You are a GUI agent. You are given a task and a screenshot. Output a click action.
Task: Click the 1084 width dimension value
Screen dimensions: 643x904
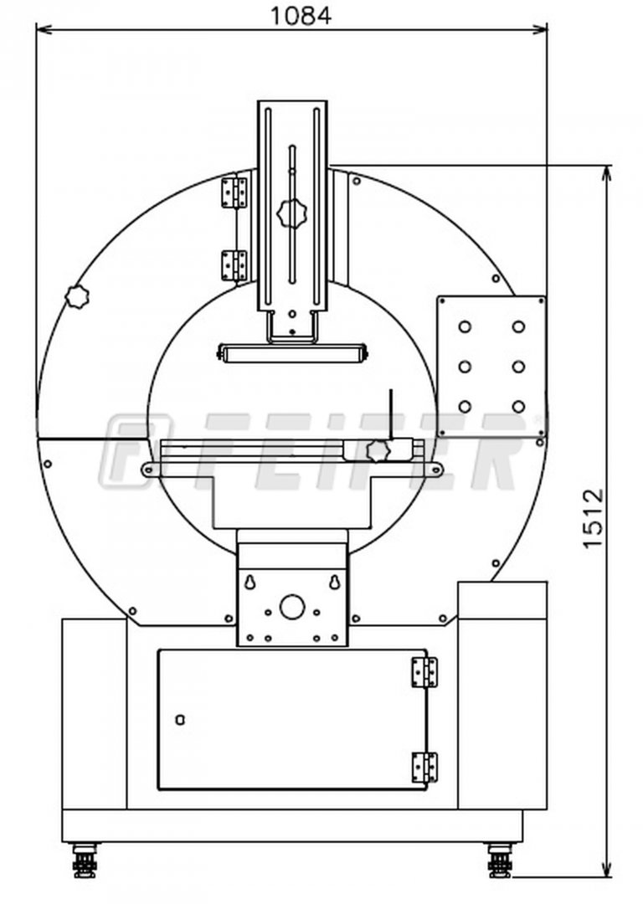[x=301, y=15]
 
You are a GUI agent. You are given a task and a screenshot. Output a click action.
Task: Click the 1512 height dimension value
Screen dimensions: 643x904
[x=593, y=518]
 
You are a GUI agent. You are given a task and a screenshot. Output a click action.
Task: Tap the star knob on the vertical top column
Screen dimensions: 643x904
[x=292, y=214]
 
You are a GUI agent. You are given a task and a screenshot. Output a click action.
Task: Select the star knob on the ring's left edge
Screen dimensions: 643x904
[x=77, y=296]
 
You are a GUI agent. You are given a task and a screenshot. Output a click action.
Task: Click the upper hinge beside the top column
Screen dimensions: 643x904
[x=234, y=193]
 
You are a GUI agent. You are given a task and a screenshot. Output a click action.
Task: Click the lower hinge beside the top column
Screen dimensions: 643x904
[x=234, y=266]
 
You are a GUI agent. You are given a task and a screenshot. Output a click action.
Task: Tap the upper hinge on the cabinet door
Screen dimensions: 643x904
[x=424, y=672]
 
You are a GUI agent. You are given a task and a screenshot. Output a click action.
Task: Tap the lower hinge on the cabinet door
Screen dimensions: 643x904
[x=424, y=768]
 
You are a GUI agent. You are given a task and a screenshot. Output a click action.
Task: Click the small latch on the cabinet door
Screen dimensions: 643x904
[x=180, y=720]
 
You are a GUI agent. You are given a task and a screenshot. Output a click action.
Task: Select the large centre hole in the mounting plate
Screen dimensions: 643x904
[x=292, y=607]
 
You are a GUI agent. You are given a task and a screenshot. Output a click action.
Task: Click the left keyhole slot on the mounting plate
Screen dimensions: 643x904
[x=250, y=583]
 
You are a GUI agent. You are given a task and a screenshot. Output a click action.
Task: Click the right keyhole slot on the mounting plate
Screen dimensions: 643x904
[x=334, y=583]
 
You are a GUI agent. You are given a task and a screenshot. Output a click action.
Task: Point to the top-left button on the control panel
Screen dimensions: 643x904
[x=465, y=327]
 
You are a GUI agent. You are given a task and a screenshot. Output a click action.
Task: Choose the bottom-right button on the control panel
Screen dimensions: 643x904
[x=518, y=407]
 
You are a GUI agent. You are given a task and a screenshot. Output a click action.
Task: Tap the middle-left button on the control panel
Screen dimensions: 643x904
[x=465, y=367]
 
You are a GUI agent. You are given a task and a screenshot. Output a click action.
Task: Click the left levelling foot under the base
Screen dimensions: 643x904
[x=85, y=860]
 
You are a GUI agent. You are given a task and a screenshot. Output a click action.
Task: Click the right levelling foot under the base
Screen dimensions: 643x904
[x=499, y=860]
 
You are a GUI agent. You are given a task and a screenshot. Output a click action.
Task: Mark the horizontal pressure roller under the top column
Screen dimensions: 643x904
[x=292, y=353]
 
